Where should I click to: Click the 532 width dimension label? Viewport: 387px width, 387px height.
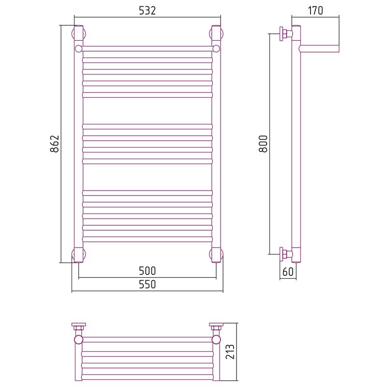[148, 11]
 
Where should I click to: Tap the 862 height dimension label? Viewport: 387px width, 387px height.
[55, 144]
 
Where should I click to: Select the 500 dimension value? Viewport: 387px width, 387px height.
[148, 271]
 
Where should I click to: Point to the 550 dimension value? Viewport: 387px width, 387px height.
[148, 284]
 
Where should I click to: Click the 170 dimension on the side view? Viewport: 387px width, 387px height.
[315, 11]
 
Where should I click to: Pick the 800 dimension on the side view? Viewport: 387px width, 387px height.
[263, 144]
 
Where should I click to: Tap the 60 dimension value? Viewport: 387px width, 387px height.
[288, 272]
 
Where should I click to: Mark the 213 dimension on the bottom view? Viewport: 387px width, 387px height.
[230, 352]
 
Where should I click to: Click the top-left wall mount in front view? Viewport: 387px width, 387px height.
[79, 33]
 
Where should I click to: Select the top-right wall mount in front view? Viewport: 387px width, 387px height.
[216, 33]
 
